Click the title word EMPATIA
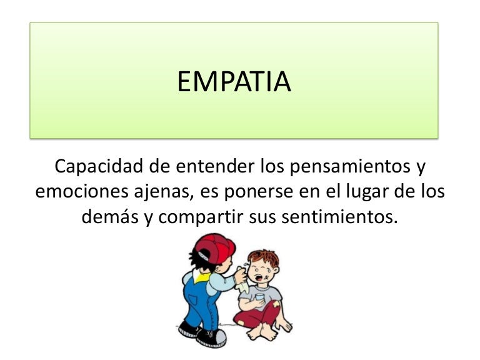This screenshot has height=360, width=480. (234, 82)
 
